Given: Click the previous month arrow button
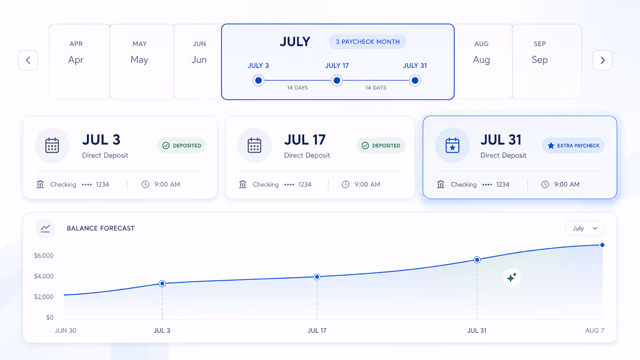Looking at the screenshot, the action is [x=28, y=60].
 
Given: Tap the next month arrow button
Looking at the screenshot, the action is [x=602, y=60].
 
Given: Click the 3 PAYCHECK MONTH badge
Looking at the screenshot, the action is [x=367, y=42].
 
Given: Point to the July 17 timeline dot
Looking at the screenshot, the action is [x=337, y=80].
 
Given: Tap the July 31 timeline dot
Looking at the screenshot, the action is [x=415, y=80].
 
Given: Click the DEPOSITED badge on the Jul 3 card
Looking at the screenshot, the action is [x=182, y=146].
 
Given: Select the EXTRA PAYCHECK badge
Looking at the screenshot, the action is [x=573, y=146].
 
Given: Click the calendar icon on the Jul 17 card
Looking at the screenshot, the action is [x=254, y=145].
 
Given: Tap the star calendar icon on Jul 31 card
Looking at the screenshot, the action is [x=452, y=145].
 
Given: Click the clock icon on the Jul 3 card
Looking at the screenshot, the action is [x=145, y=184].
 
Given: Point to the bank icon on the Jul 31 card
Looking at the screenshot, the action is [x=441, y=184].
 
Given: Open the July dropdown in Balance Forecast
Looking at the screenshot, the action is [x=585, y=228].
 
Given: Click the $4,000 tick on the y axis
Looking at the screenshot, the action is [x=44, y=276].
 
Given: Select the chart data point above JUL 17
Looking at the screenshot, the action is [x=317, y=277].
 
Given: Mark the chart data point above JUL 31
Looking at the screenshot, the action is [x=477, y=260].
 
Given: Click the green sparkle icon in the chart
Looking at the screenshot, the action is [x=512, y=277].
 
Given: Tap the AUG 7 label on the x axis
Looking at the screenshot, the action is [x=594, y=330].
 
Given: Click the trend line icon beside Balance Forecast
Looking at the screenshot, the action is [x=45, y=228].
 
